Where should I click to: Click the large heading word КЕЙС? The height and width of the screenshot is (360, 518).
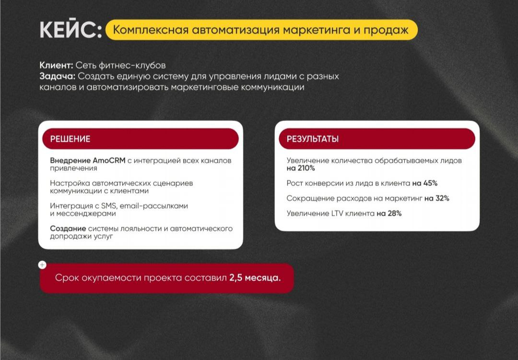coord(71,30)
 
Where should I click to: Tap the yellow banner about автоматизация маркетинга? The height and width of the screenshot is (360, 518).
coord(261,30)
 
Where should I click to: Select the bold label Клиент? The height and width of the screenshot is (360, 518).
coord(56,65)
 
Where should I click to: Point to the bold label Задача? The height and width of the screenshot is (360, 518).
coord(57,76)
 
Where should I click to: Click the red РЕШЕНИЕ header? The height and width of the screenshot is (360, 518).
coord(141,139)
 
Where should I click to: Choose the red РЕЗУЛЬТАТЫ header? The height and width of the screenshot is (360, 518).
coord(377,139)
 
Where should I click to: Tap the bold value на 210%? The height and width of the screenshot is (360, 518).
coord(301,168)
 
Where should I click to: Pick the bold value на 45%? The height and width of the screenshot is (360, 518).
coord(425,183)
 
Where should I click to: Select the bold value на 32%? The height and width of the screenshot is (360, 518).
coord(436,198)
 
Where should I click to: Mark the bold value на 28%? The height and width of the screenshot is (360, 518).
coord(389,214)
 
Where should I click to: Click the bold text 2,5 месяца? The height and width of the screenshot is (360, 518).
coord(255,278)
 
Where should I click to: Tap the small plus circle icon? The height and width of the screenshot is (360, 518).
coord(42,264)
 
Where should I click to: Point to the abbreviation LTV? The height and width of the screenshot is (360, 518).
coord(339,214)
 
